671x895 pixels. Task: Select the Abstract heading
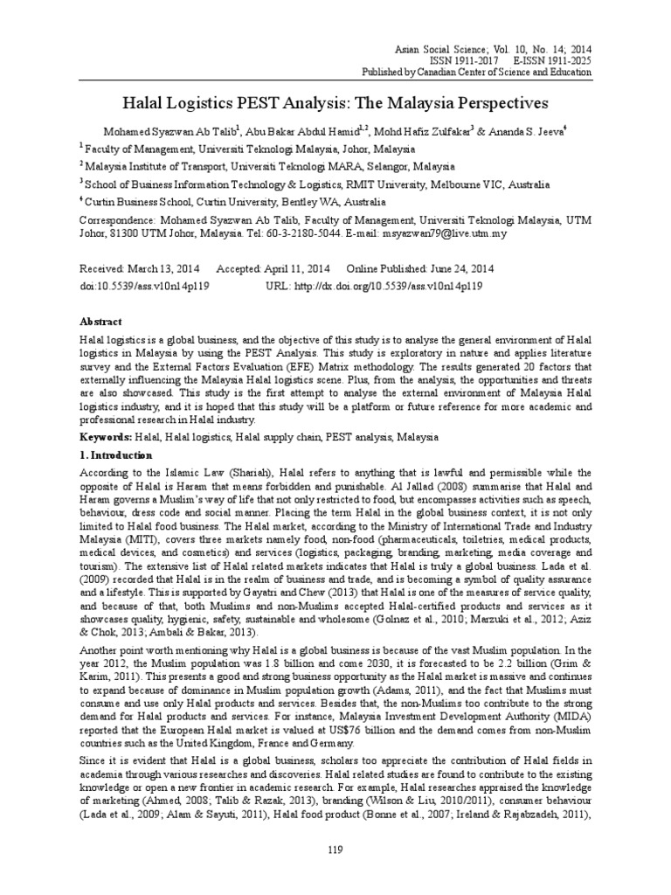click(x=100, y=322)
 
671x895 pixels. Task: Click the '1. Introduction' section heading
click(x=115, y=455)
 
